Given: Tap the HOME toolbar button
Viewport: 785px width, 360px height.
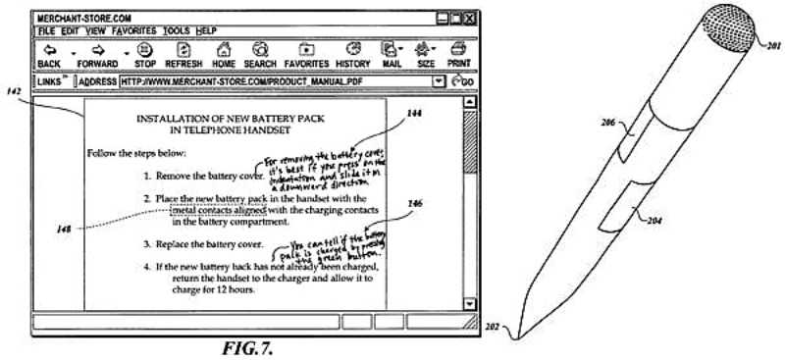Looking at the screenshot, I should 223,55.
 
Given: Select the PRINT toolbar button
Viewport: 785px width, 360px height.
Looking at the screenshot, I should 458,55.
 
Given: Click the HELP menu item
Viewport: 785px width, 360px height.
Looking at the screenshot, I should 206,30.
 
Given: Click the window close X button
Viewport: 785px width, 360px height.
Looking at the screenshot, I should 470,17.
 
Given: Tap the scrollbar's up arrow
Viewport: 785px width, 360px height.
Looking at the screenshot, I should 468,102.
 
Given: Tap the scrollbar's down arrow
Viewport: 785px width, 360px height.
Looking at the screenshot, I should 468,305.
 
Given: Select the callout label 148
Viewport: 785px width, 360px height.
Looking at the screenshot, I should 62,230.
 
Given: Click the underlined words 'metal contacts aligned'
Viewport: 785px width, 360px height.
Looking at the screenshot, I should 218,210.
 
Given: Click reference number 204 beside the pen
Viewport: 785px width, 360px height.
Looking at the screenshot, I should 654,221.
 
